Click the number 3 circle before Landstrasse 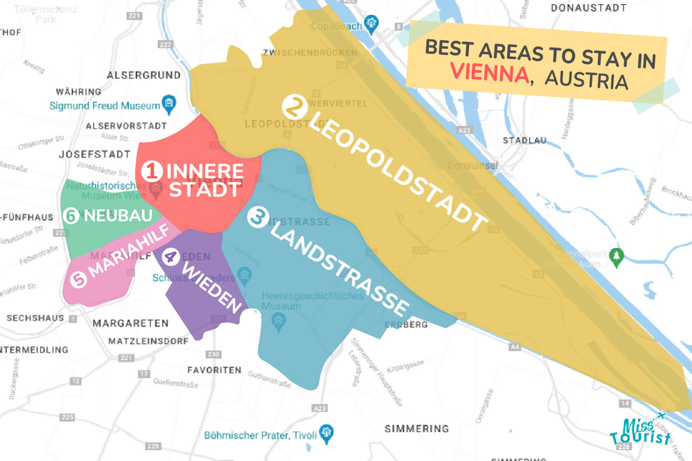tap(257, 217)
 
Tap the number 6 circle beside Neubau tap(71, 216)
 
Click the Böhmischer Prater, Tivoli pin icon tap(327, 433)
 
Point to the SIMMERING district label tap(417, 429)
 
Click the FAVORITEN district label tap(214, 370)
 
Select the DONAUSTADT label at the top tap(589, 8)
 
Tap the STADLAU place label tap(524, 140)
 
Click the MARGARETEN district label tap(131, 323)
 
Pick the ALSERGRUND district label tap(144, 75)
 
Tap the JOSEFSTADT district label tap(94, 155)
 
